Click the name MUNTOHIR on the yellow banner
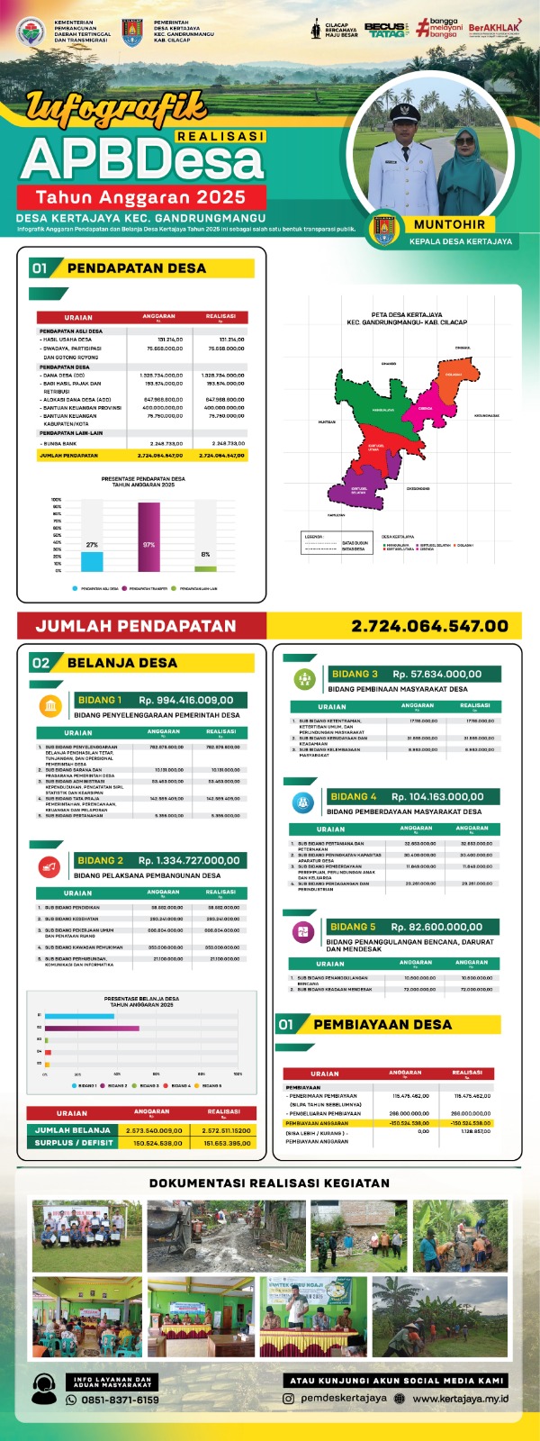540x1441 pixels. pos(449,224)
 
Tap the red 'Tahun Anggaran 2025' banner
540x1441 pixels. pos(140,196)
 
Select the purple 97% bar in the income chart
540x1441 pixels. pos(148,537)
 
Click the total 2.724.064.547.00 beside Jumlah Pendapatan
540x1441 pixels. pos(429,626)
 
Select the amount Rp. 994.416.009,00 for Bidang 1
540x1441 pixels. pos(186,700)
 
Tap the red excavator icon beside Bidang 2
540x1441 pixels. pos(49,866)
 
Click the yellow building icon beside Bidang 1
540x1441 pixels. pos(50,705)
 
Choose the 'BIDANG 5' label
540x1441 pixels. pos(353,927)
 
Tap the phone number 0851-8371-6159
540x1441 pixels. pos(120,1400)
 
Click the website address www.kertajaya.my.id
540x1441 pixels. pos(461,1399)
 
